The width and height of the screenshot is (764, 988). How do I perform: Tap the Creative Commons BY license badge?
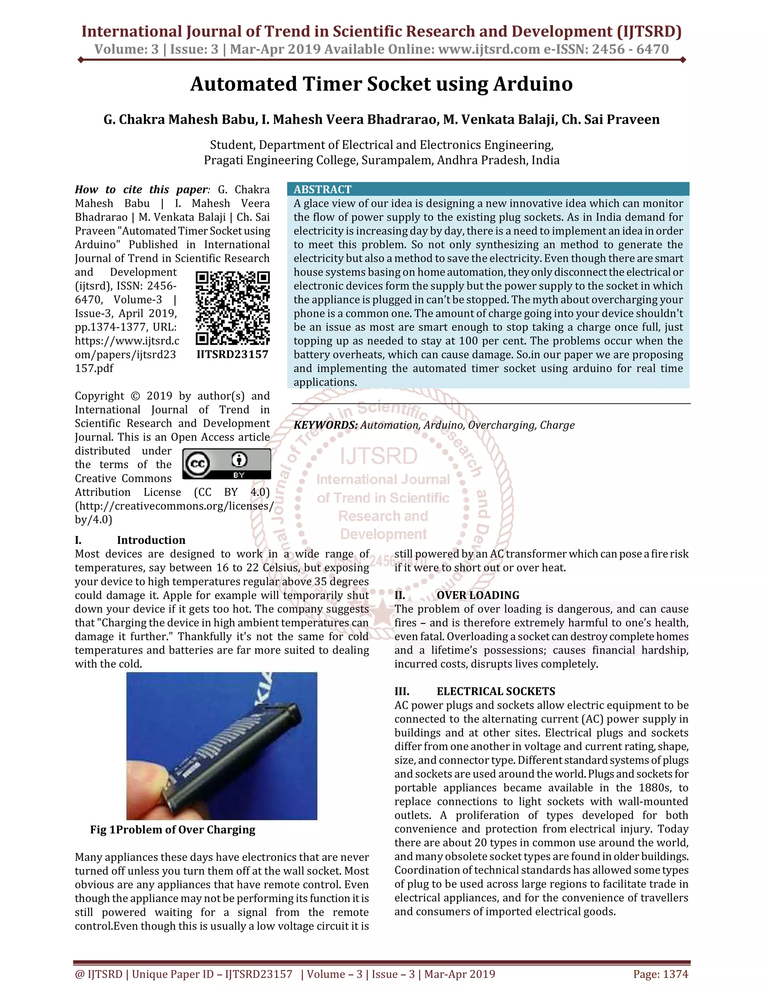click(x=226, y=464)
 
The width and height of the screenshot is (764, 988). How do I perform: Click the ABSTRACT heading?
click(x=322, y=189)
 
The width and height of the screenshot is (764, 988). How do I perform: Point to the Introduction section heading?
click(x=151, y=540)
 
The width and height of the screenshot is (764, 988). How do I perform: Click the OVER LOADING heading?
click(x=477, y=595)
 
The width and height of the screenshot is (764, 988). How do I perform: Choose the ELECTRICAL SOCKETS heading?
click(x=496, y=691)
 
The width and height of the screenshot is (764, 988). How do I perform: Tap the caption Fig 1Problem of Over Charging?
click(x=172, y=830)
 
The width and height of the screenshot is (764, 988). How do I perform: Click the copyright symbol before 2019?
click(x=135, y=396)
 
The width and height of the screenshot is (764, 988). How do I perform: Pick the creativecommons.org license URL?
click(x=174, y=506)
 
